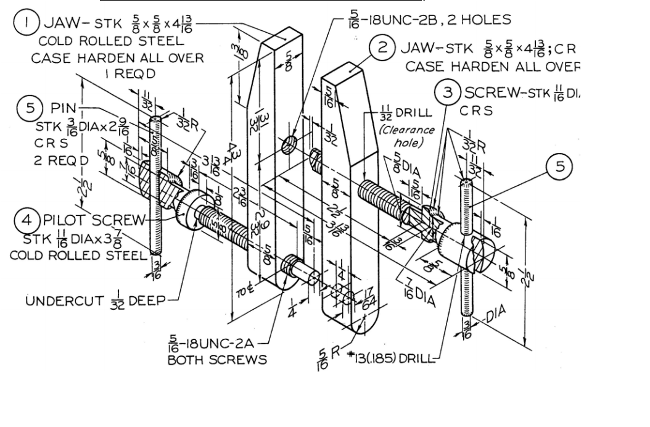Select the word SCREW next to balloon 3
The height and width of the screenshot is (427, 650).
[491, 93]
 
